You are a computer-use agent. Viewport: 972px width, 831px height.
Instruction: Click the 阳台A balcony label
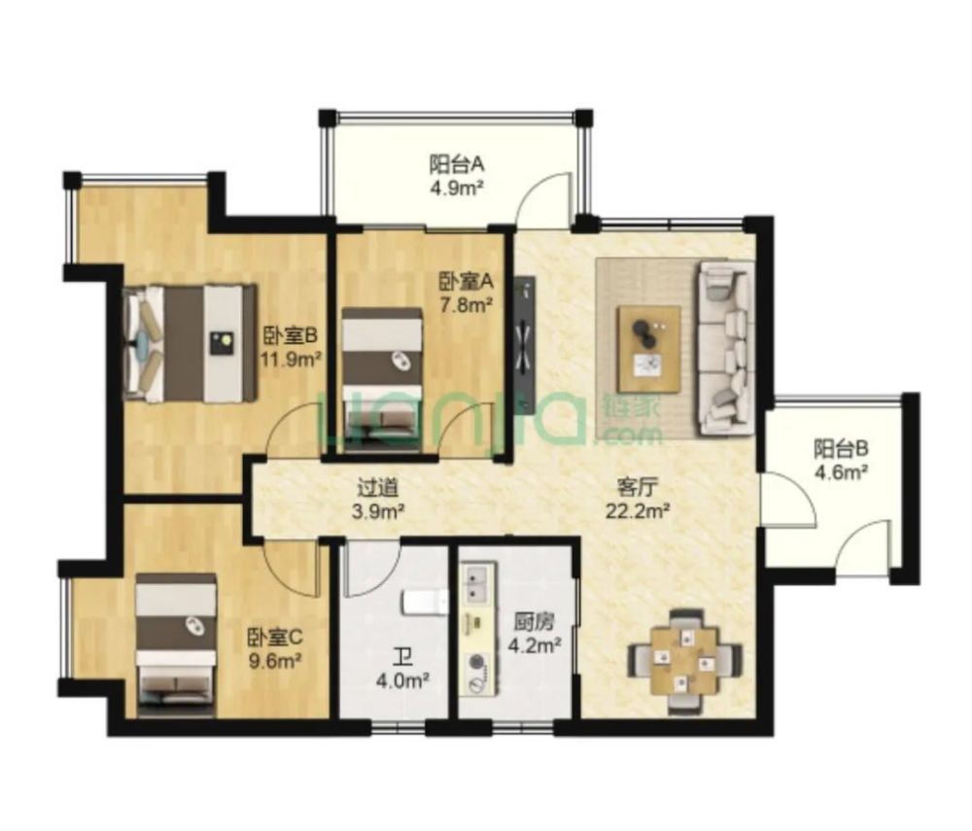tap(457, 165)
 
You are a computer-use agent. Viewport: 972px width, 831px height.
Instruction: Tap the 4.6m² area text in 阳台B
tap(841, 472)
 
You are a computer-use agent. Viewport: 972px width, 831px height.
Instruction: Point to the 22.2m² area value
tap(638, 511)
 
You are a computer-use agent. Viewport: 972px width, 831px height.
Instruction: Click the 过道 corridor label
tap(377, 488)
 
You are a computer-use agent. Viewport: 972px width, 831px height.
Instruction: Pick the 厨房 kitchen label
tap(535, 620)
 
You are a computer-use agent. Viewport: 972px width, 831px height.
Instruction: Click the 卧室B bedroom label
tap(290, 336)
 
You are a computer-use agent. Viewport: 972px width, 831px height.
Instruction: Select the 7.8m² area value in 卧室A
tap(467, 305)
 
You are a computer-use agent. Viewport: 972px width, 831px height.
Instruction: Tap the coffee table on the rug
tap(649, 349)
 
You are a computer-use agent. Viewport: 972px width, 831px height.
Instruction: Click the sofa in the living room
tap(726, 348)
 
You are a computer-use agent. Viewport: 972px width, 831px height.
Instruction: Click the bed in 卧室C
tap(176, 645)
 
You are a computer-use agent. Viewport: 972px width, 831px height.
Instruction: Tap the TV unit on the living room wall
tap(525, 344)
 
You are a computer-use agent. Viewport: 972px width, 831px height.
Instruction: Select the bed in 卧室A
tap(382, 379)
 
